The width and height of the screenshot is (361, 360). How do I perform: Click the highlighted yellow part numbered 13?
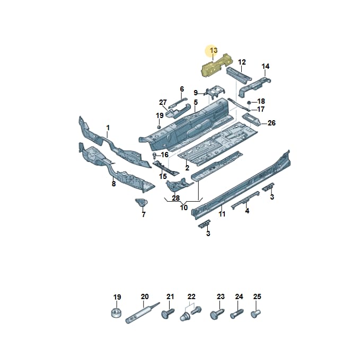216,66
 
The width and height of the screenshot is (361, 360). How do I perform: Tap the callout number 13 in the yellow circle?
214,50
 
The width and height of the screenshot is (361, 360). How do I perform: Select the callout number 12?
242,62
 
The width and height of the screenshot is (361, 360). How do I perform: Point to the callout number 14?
265,66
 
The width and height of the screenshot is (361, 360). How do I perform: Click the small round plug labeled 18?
249,102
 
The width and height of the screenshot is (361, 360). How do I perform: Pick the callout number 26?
271,123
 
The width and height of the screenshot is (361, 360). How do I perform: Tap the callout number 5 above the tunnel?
196,102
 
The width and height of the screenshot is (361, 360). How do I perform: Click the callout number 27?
163,102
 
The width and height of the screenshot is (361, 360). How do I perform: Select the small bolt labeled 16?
154,156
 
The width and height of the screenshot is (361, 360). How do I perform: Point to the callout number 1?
108,128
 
